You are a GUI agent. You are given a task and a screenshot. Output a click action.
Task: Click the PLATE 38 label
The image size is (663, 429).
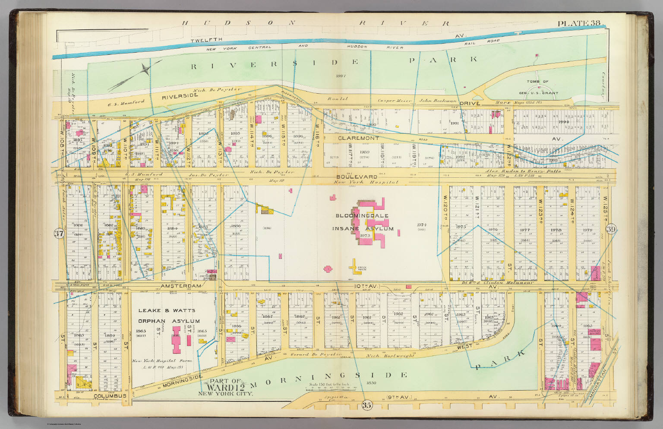point(578,23)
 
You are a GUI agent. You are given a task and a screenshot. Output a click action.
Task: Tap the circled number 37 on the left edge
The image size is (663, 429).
point(59,234)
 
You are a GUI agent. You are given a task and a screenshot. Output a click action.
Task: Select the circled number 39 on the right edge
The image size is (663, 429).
point(610,230)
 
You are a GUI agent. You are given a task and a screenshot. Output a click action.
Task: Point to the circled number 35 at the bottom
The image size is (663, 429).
point(366,405)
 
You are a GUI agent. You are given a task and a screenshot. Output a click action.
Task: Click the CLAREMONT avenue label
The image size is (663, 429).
point(358,138)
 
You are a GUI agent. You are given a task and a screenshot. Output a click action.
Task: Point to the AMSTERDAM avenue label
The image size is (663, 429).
point(180,286)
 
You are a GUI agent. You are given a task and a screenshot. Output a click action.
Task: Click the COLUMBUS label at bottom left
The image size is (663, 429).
point(110,396)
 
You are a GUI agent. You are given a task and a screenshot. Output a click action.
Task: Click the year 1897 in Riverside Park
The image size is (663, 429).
point(341,76)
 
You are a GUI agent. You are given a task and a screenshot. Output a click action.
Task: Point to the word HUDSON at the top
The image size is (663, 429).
point(235,23)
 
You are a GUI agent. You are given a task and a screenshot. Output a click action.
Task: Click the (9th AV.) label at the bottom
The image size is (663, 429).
point(400,396)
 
